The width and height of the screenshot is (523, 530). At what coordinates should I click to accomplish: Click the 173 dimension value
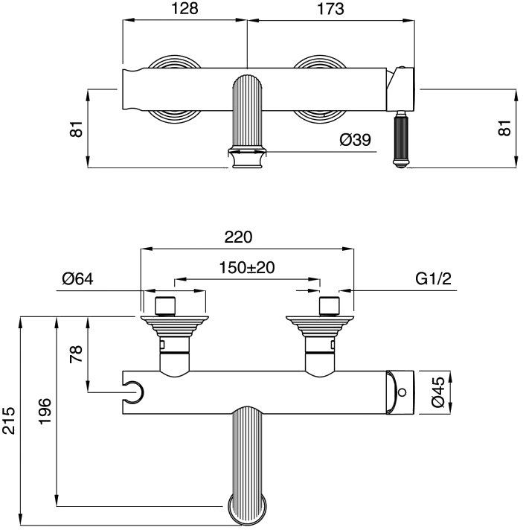[330, 9]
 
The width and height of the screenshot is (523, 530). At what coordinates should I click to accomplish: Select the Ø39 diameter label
[355, 140]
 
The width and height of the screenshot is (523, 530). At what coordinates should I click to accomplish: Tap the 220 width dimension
[240, 237]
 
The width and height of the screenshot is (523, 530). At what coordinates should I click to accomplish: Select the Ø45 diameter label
[437, 390]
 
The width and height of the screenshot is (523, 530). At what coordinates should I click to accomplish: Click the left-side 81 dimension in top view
[75, 128]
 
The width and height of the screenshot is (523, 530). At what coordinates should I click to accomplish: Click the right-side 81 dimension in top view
[505, 128]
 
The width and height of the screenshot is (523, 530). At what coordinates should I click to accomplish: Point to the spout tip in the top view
[247, 159]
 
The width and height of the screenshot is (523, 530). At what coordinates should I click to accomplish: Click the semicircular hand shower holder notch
[135, 389]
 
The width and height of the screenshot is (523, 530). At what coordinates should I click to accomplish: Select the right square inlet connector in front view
[328, 306]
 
